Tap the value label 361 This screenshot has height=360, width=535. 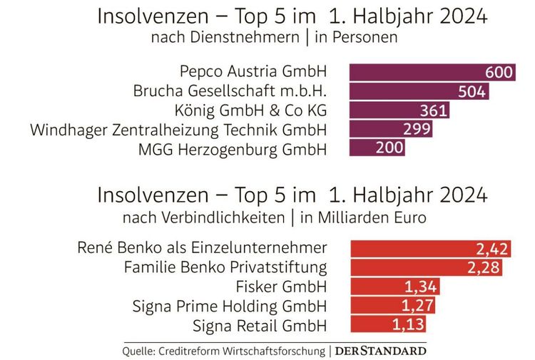point(433,110)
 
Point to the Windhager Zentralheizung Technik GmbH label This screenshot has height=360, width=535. point(178,130)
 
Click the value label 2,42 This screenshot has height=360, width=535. point(491,249)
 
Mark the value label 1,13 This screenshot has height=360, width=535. point(409,326)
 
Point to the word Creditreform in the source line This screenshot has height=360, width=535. point(200,351)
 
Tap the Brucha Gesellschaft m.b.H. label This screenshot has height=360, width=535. point(230,92)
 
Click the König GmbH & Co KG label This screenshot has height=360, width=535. point(250,110)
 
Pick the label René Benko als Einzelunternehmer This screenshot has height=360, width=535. point(202,249)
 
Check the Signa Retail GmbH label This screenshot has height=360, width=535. point(260,326)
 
